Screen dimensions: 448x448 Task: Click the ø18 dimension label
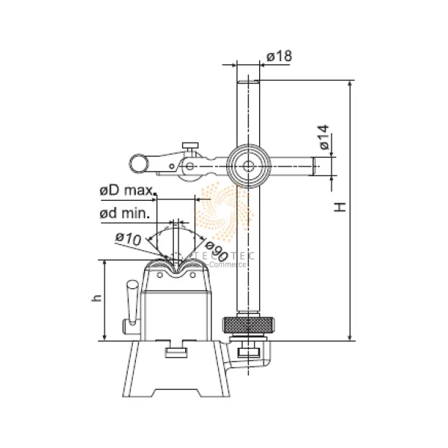point(278,57)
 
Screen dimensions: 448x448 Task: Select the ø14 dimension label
point(323,138)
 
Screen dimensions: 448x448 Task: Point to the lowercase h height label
point(96,297)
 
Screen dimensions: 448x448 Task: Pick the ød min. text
point(125,213)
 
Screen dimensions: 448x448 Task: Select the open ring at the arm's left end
point(138,162)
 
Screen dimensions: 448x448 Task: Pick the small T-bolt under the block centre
point(176,351)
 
